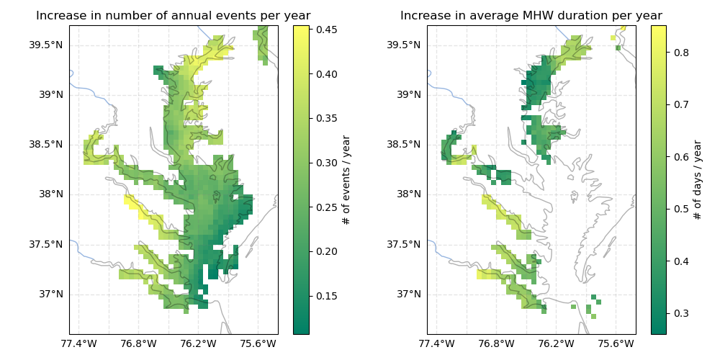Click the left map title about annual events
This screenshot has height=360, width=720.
click(x=174, y=16)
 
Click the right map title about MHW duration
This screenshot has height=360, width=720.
click(x=531, y=16)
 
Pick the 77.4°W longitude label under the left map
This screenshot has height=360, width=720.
click(x=79, y=343)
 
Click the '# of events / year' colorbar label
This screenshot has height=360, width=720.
click(x=347, y=180)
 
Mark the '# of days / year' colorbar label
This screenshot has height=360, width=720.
click(x=698, y=180)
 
